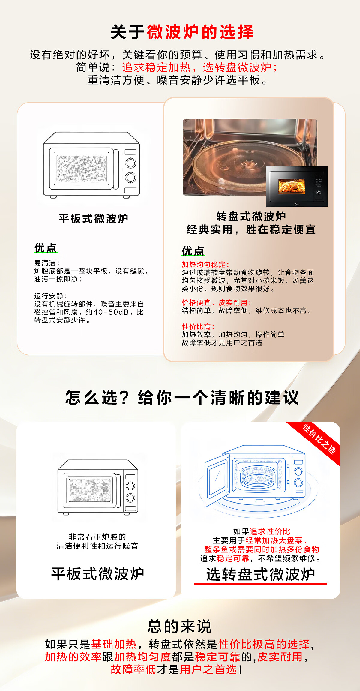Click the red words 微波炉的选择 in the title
pos(200,32)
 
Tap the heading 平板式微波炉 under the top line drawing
pos(94,218)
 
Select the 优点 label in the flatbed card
pos(46,248)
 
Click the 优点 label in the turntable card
pos(193,251)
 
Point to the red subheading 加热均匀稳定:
pos(205,264)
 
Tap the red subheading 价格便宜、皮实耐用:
pos(216,302)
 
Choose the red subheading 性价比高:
pos(198,326)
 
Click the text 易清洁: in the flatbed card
pos(47,263)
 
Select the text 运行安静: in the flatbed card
pos(50,296)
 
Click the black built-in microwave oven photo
pos(297,186)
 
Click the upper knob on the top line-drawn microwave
pos(130,163)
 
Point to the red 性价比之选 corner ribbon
pos(319,439)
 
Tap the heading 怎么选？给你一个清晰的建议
pos(182,397)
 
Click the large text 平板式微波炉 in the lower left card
pos(98,573)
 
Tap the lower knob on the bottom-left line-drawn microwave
pos(130,498)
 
